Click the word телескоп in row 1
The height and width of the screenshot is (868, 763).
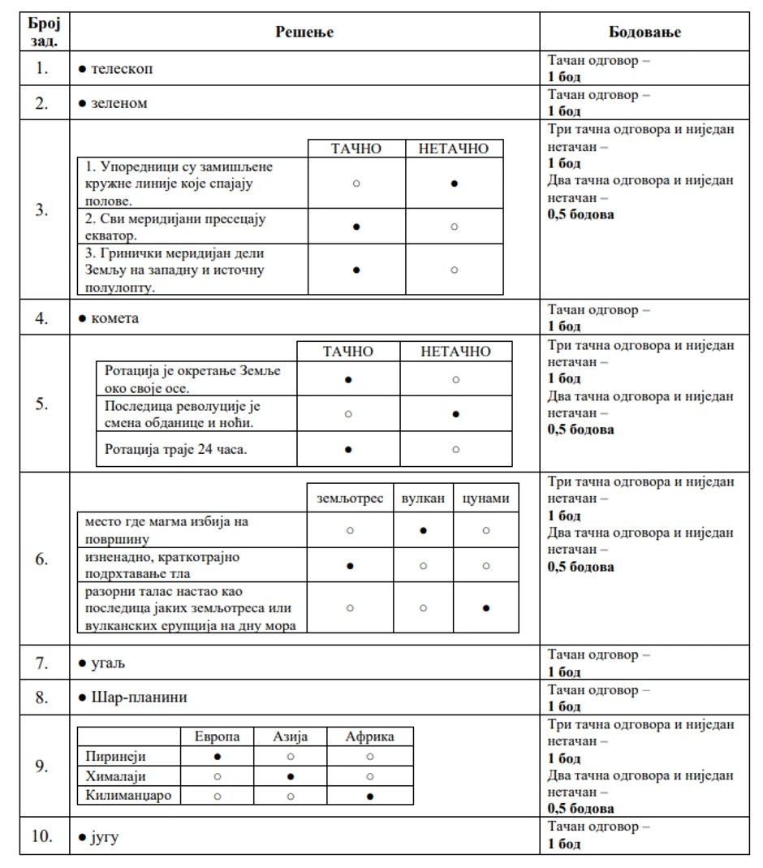click(x=121, y=69)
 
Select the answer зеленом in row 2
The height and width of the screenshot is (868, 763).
click(x=119, y=104)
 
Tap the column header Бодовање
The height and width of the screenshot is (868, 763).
click(x=644, y=32)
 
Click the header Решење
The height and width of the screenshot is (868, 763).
click(x=304, y=32)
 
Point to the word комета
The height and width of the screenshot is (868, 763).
click(x=114, y=318)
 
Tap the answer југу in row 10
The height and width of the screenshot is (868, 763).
click(x=104, y=837)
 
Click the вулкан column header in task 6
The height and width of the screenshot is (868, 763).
click(x=423, y=498)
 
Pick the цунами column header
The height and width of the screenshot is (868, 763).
click(x=485, y=498)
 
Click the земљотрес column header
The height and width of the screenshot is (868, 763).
click(x=350, y=498)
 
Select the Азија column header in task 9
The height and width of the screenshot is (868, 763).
click(x=290, y=736)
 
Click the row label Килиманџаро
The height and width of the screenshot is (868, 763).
click(x=128, y=795)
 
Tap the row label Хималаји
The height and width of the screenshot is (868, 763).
click(x=115, y=775)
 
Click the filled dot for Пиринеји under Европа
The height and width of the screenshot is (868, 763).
click(x=217, y=756)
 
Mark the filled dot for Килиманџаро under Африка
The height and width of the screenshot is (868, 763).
click(x=369, y=796)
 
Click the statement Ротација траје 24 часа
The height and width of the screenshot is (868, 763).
click(x=176, y=449)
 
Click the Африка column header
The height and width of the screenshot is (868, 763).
click(x=369, y=736)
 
